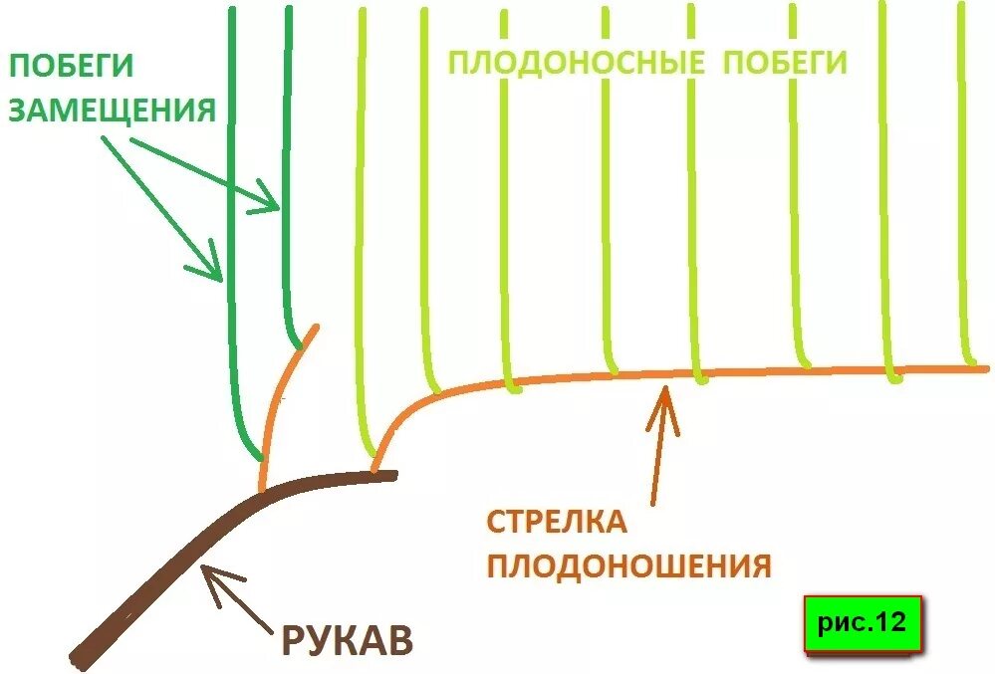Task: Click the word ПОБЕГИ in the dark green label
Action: point(71,68)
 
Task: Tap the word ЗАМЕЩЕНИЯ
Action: point(112,110)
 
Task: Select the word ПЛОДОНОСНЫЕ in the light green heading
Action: point(570,64)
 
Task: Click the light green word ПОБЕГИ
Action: point(784,64)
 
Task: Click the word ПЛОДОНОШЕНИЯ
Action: point(628,566)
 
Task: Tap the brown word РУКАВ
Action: point(347,641)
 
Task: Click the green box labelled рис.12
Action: point(863,624)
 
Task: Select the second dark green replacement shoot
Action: point(288,249)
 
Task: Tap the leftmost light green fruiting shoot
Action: point(360,249)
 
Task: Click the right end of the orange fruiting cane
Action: point(981,368)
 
